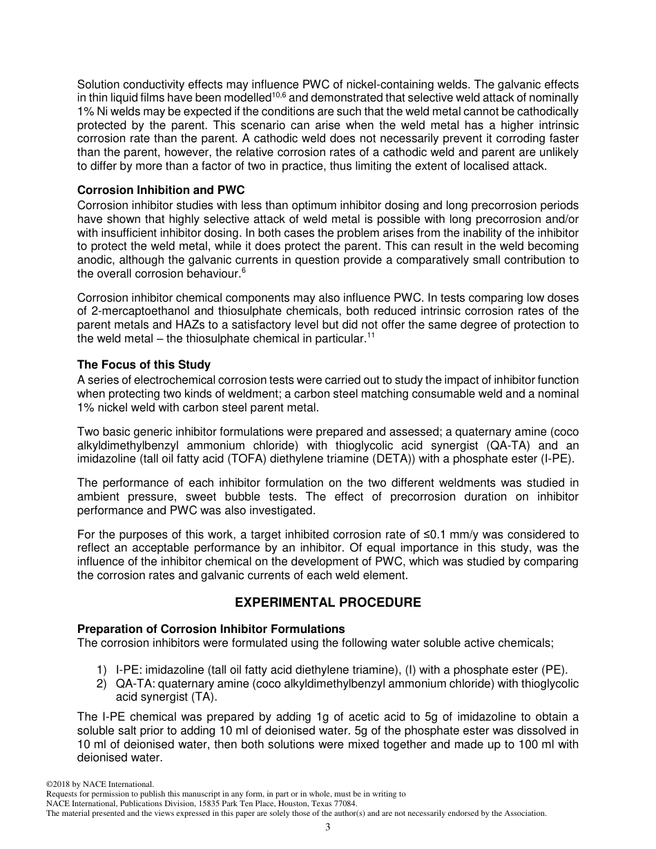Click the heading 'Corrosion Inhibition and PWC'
click(x=161, y=190)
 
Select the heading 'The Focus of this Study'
click(x=144, y=364)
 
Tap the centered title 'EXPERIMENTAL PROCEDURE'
click(x=328, y=603)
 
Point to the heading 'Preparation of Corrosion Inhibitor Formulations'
click(x=211, y=629)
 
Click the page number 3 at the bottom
click(x=328, y=828)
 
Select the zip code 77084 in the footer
click(x=343, y=803)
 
